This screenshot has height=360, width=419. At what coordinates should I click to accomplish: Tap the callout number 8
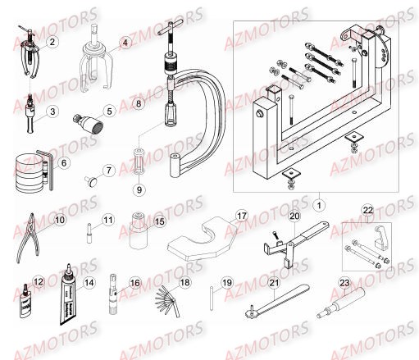tap(139, 105)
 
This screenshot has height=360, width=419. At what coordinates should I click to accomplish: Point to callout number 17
tap(241, 216)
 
